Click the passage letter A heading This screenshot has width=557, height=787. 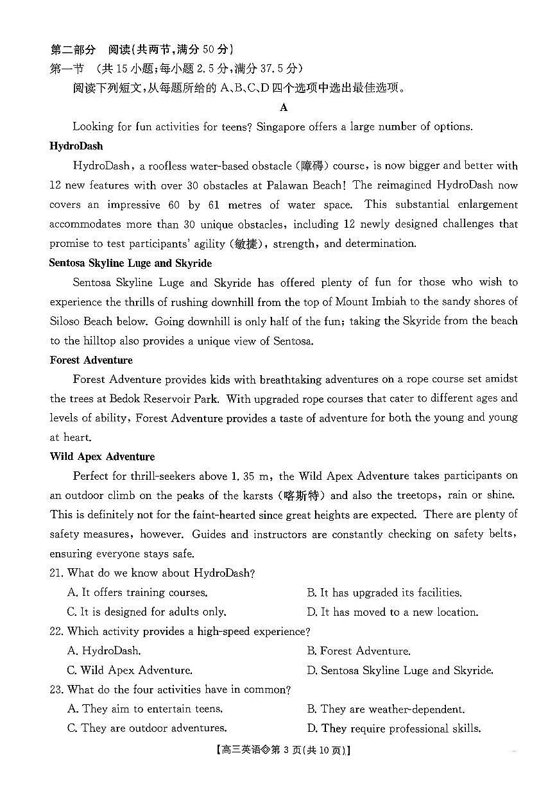click(x=284, y=107)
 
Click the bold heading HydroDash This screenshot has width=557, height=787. click(x=76, y=146)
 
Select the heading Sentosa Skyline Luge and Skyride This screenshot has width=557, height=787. click(x=130, y=263)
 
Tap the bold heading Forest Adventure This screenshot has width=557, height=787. click(x=91, y=360)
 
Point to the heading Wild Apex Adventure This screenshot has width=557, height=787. click(x=102, y=457)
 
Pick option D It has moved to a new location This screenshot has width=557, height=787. click(x=392, y=612)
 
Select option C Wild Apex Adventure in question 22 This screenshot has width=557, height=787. click(x=130, y=670)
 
